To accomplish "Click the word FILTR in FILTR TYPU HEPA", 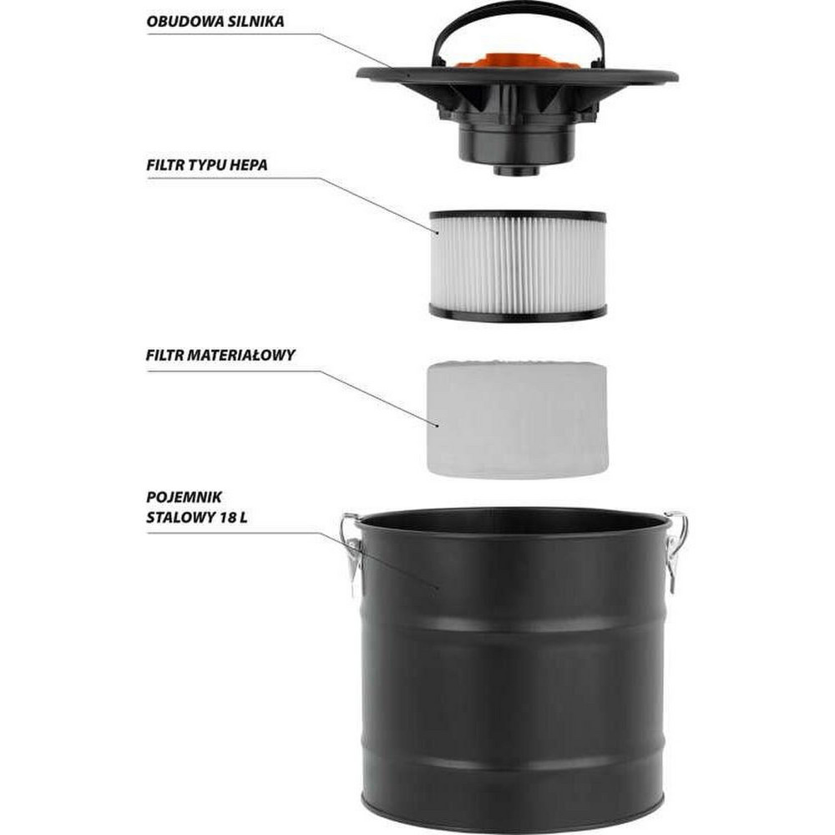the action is (x=163, y=165).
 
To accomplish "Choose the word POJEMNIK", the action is (x=185, y=498).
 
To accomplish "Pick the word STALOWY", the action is (x=180, y=518).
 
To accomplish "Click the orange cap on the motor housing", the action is (x=516, y=61).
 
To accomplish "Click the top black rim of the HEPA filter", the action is (x=518, y=216).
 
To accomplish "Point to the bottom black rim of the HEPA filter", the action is (x=518, y=314).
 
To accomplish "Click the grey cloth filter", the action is (x=517, y=419).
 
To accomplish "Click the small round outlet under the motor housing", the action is (x=516, y=170).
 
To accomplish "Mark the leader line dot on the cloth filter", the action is (x=438, y=425).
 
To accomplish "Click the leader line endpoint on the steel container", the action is (x=438, y=588).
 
